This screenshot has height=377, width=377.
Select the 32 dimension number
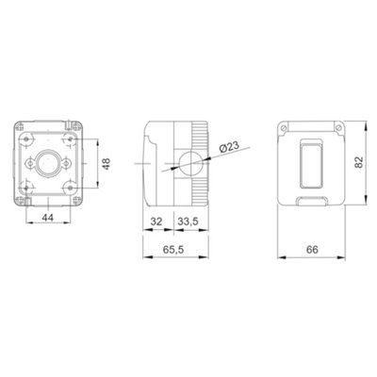(155, 222)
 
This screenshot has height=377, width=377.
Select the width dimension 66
(314, 252)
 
